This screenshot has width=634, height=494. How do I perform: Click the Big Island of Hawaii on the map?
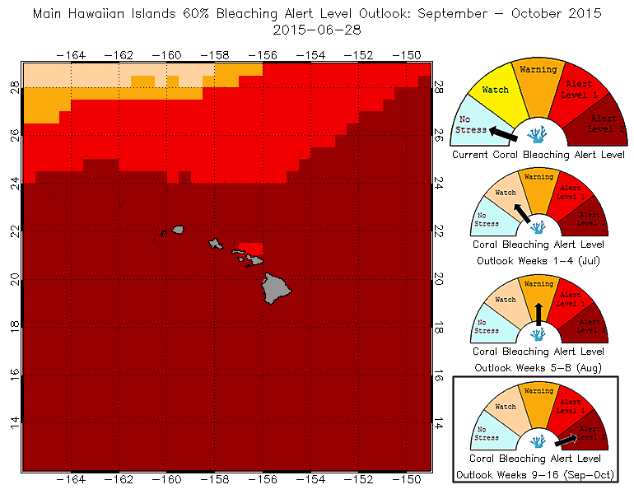277,289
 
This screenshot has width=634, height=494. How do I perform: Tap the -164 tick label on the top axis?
73,54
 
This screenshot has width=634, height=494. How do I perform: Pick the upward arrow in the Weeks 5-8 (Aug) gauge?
538,314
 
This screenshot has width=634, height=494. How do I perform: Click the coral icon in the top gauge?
537,135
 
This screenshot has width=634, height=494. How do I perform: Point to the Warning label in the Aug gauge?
538,284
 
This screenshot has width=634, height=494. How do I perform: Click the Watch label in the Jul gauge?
505,193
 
